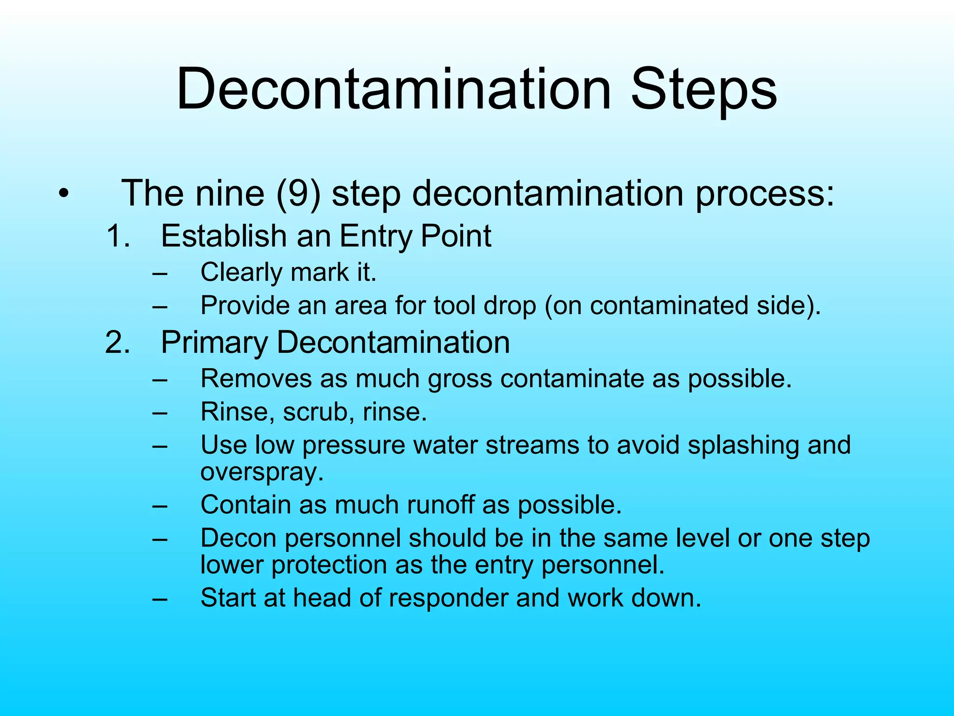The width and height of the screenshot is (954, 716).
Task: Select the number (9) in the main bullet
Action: [x=299, y=193]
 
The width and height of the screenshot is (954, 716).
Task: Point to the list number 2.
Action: [x=117, y=342]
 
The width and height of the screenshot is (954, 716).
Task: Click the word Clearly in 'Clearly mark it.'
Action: [x=241, y=273]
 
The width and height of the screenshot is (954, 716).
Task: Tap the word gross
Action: [x=460, y=379]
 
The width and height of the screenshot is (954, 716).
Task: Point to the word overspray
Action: [x=262, y=473]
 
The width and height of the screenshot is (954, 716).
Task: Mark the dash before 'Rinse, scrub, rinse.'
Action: [x=160, y=413]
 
